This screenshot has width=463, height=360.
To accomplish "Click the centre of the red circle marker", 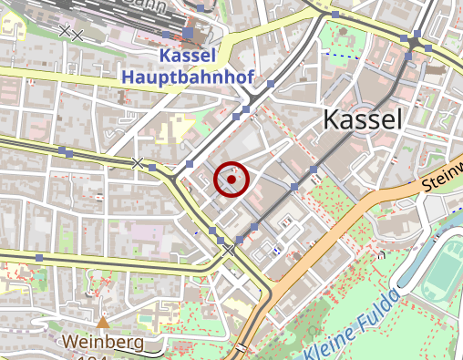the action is click(x=231, y=180).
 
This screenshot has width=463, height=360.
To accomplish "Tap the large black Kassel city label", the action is click(x=363, y=119).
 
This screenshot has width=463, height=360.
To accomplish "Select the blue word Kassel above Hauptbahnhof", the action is click(x=188, y=57).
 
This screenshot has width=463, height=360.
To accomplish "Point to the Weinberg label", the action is click(x=103, y=342).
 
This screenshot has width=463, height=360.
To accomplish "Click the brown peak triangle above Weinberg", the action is click(x=103, y=322).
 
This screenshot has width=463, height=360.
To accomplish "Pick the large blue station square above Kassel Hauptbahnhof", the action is click(x=188, y=34).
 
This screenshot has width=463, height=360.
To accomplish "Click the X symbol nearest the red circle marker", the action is click(x=138, y=163).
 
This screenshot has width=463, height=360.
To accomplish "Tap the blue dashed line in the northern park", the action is click(x=339, y=56).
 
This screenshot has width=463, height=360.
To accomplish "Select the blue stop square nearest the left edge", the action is click(x=38, y=259).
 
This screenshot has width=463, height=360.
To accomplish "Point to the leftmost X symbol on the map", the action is click(x=64, y=31).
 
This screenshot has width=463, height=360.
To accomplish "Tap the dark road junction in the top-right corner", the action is click(x=415, y=42).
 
